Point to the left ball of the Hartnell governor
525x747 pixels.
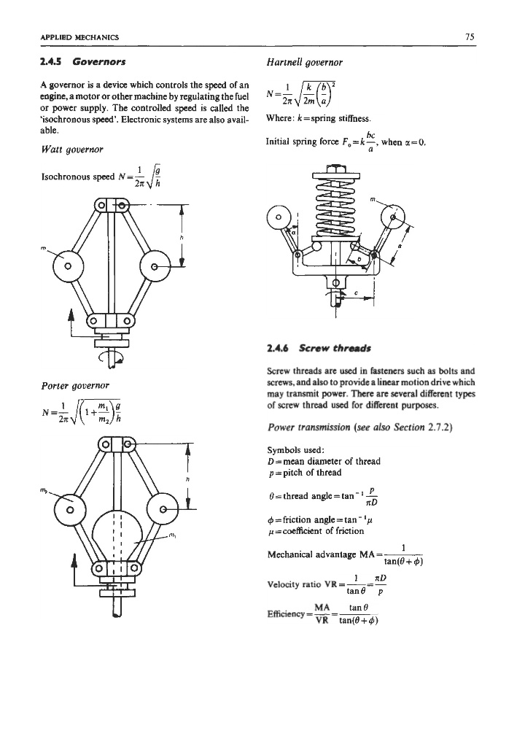277,216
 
